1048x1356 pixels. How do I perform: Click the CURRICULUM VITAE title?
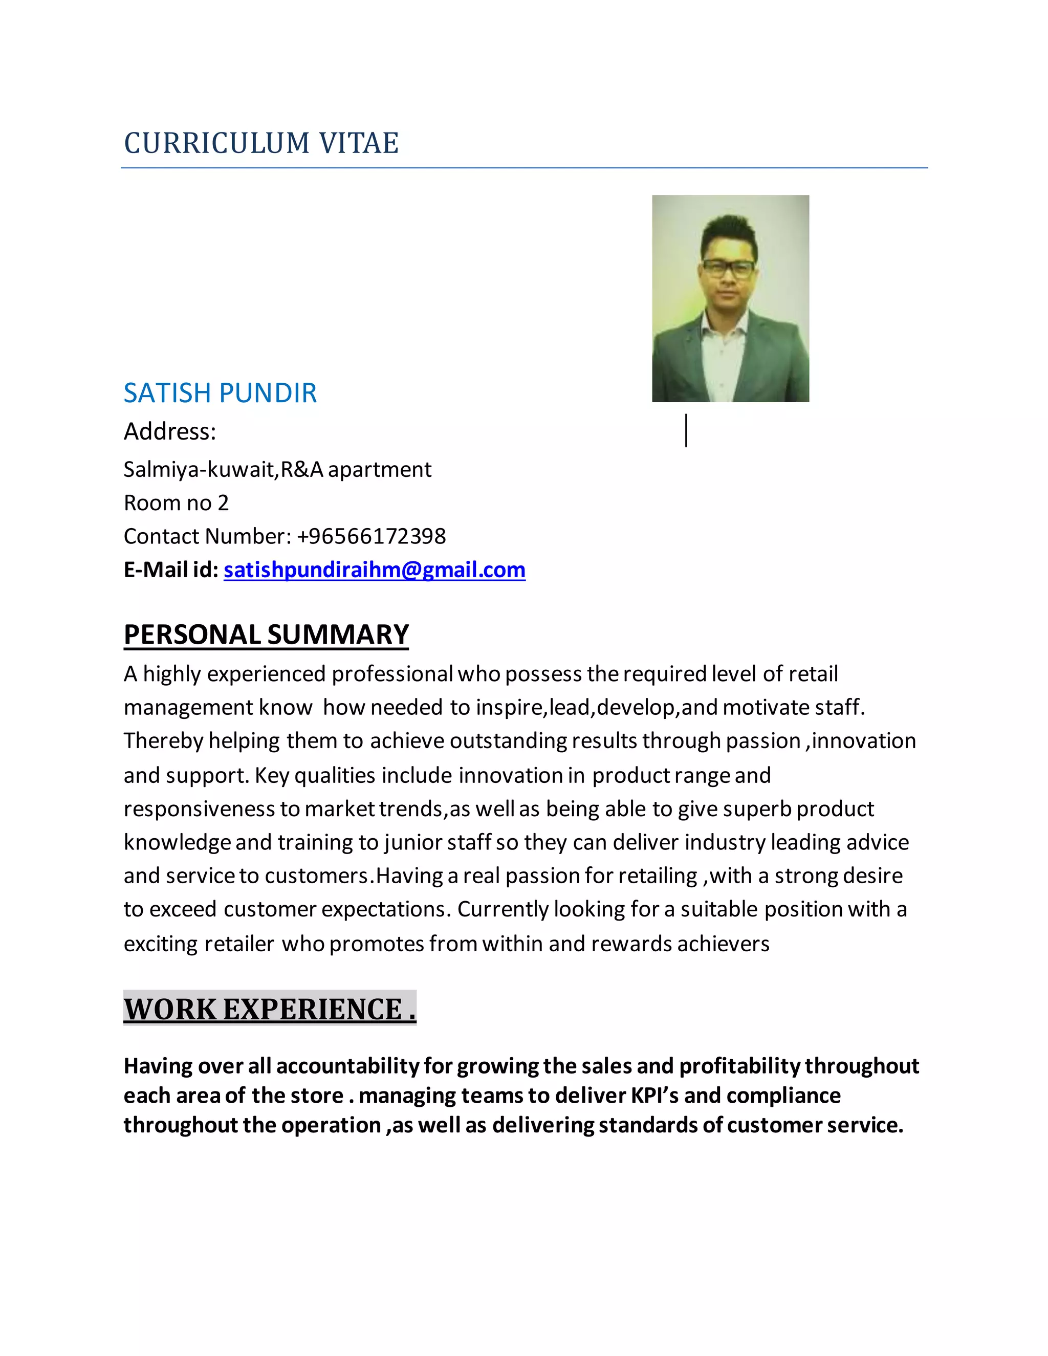click(261, 143)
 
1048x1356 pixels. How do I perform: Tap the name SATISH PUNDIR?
click(221, 393)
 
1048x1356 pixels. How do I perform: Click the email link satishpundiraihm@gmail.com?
click(375, 570)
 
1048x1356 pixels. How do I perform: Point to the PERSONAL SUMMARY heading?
click(266, 635)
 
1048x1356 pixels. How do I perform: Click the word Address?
click(169, 431)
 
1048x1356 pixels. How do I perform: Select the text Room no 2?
click(177, 503)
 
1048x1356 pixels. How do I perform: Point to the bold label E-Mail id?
click(171, 570)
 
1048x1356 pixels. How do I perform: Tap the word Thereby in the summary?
click(163, 741)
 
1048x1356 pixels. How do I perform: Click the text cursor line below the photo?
click(686, 431)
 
